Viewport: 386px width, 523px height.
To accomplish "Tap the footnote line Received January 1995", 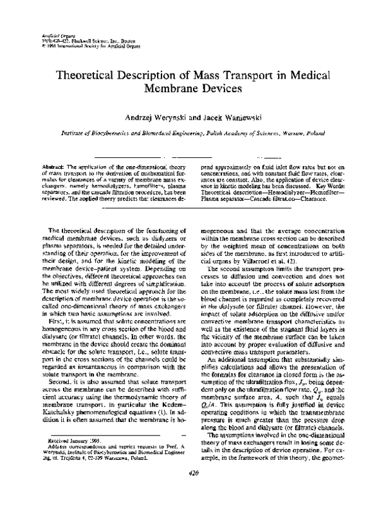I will (68, 461).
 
